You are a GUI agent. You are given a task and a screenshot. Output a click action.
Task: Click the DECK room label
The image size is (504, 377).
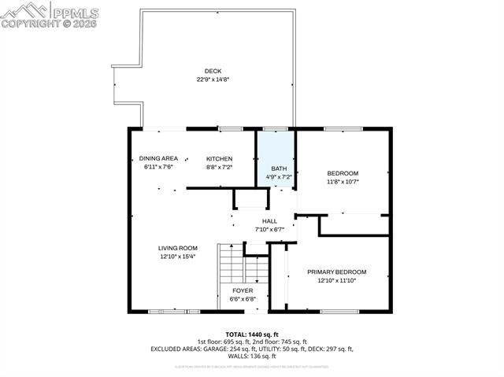213,72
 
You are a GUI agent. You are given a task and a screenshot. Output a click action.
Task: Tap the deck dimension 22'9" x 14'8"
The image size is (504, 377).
213,79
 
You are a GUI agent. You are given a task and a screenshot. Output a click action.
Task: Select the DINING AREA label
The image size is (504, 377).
158,158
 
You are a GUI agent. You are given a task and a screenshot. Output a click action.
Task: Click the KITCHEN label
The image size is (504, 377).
219,158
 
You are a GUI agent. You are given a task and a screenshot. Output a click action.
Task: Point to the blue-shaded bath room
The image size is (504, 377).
276,157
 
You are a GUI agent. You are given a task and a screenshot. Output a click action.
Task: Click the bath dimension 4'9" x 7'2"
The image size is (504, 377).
279,178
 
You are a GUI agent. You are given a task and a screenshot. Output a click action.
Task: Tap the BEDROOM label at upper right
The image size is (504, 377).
343,173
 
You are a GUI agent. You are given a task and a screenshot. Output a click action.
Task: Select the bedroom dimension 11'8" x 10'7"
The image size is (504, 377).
343,182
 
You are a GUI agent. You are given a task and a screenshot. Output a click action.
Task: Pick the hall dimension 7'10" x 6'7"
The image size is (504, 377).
269,230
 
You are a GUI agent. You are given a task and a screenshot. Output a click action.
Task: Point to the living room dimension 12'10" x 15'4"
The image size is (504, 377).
177,257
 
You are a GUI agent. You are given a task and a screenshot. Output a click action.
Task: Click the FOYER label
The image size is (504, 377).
242,290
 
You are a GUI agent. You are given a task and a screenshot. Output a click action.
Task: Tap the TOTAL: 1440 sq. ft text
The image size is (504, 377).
252,334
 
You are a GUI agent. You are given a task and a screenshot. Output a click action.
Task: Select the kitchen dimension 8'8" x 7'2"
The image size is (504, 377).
219,167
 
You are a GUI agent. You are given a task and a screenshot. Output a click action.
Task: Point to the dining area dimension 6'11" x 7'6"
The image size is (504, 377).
158,167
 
